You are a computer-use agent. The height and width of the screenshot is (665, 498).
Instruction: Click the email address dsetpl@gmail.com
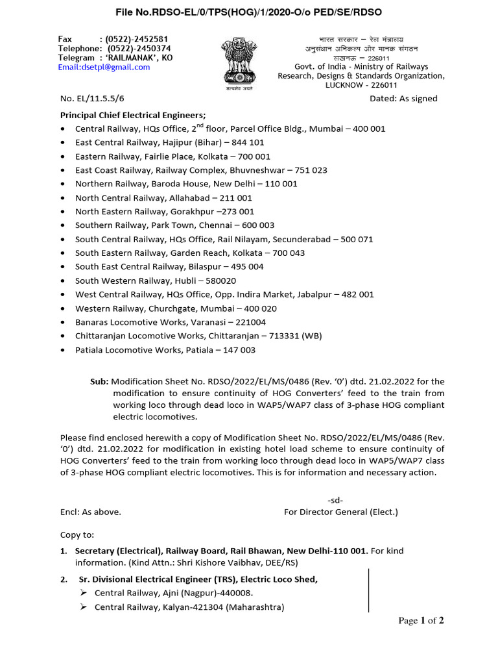point(104,67)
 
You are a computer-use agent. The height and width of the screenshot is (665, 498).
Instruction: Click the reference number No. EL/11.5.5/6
point(91,99)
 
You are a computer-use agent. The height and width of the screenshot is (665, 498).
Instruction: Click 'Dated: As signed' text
point(403,99)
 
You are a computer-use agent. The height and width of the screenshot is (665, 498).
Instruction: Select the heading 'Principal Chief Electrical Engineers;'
point(133,114)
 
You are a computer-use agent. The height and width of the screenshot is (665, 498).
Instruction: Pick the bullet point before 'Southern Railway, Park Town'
point(62,226)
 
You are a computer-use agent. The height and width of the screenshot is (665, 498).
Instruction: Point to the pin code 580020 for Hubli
point(220,281)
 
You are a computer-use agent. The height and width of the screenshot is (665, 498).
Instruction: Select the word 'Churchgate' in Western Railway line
point(173,308)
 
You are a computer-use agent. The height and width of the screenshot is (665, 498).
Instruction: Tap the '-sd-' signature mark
point(335,500)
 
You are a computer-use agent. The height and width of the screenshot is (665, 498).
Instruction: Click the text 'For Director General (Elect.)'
point(341,512)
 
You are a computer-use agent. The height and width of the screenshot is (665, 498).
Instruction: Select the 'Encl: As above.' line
point(91,512)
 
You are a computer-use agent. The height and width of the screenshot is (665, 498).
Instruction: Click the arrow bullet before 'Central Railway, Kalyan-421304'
point(84,607)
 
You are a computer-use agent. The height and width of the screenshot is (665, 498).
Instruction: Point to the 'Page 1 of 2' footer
point(421,621)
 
